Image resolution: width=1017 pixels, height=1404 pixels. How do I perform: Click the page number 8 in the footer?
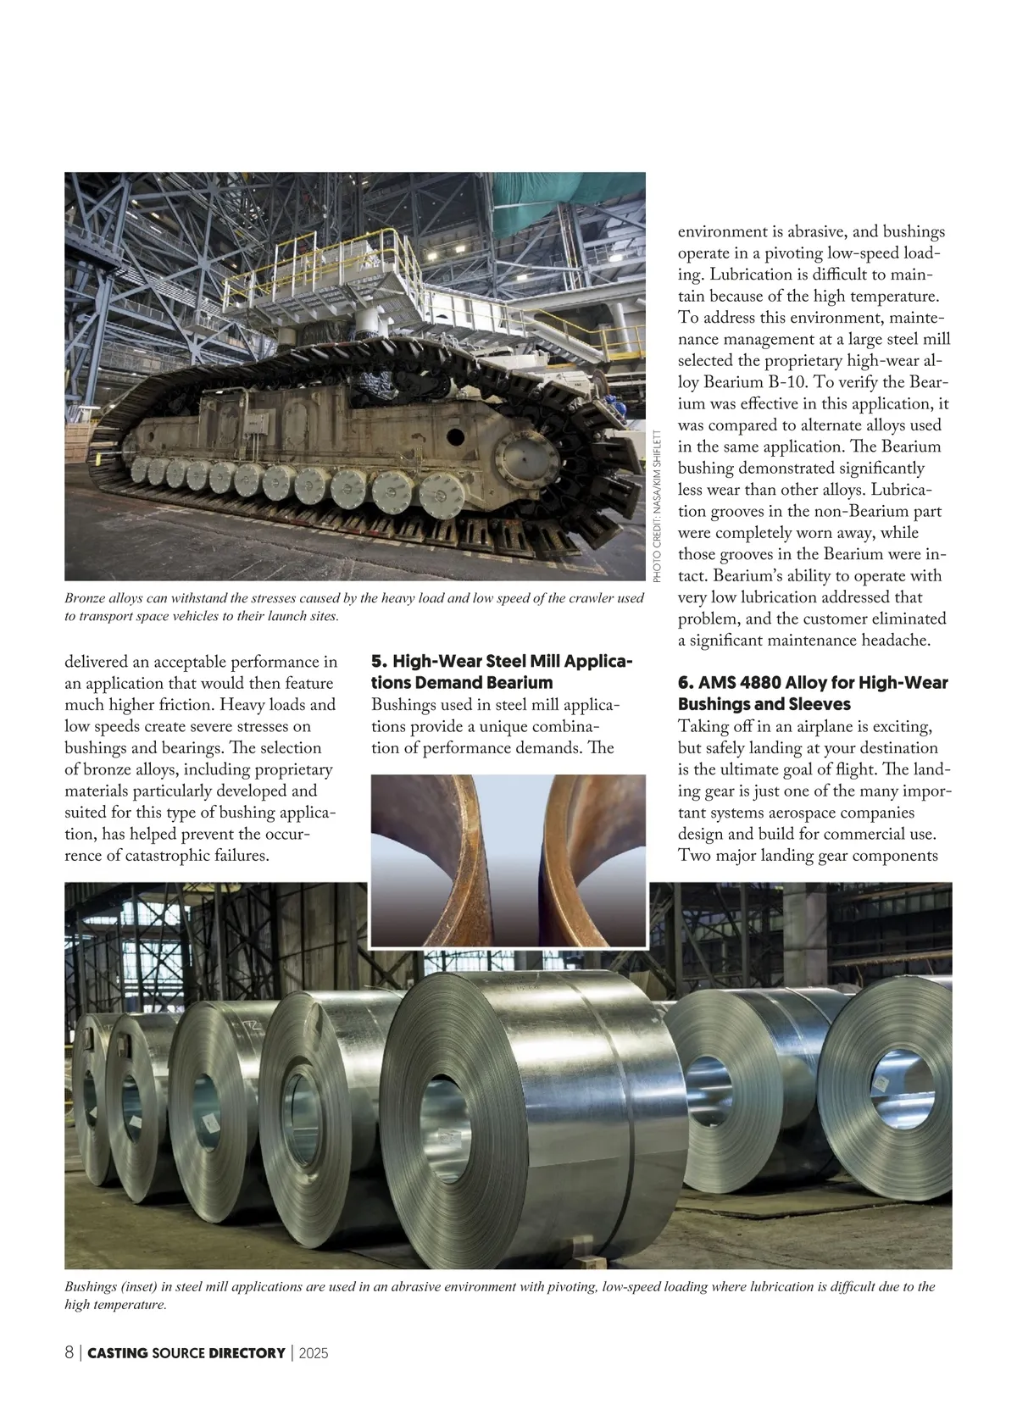pos(69,1352)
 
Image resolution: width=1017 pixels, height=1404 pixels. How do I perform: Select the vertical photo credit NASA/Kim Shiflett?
pos(657,506)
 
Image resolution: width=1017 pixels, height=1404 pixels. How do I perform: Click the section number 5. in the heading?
pos(380,661)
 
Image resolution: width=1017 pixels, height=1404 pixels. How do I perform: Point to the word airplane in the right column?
pos(826,727)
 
